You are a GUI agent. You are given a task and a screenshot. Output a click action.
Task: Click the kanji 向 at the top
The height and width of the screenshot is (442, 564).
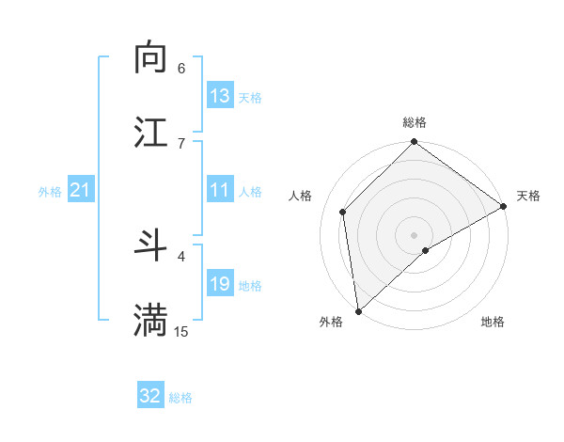coord(150,58)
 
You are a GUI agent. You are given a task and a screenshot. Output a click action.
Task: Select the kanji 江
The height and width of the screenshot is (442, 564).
coord(150,133)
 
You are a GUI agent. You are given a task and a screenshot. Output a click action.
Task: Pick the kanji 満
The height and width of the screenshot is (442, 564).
coord(150,321)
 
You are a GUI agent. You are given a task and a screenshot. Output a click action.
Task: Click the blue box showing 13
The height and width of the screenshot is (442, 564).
coord(220,96)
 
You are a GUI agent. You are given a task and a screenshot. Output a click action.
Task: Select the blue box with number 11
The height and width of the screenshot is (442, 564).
coord(220,190)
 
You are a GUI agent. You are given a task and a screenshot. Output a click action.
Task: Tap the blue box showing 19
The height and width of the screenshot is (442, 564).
coord(220,284)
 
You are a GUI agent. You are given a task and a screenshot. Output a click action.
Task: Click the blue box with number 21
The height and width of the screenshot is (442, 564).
coord(81,190)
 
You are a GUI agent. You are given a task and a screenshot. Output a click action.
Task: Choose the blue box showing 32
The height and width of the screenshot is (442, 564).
coord(150,396)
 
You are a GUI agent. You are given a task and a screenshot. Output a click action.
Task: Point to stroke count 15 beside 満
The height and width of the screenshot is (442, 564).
coord(181,331)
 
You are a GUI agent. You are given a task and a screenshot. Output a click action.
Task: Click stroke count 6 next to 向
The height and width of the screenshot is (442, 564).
coord(181,68)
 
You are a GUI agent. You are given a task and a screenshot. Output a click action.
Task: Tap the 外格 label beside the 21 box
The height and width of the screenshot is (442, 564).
coord(50,191)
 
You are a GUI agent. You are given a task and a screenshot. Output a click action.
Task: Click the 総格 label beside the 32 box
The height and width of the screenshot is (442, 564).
coord(180,397)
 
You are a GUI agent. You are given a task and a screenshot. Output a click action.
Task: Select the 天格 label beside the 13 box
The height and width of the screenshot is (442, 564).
coord(250,97)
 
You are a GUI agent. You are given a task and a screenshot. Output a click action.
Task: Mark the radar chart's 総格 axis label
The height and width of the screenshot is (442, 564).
coord(415,122)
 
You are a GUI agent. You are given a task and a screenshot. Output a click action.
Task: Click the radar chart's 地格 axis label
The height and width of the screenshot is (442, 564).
coord(493,322)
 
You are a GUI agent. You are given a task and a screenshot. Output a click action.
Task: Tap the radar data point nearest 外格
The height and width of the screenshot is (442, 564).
coord(358,311)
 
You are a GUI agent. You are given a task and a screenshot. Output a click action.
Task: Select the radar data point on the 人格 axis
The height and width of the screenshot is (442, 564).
coord(343,212)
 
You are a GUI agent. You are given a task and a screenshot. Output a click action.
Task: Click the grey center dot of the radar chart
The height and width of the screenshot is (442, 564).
coord(415,234)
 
